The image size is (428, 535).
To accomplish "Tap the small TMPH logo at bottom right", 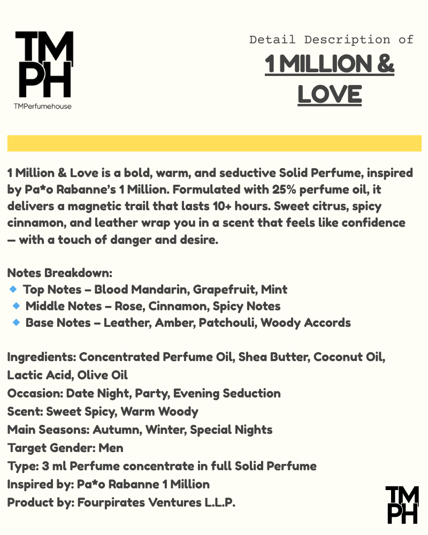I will [x=402, y=505].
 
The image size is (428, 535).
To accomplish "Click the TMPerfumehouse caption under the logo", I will [x=43, y=106].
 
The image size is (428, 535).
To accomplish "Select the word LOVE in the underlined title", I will [x=330, y=94].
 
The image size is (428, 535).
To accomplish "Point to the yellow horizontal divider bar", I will [x=214, y=143].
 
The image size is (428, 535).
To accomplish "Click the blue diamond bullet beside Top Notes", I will [x=13, y=289].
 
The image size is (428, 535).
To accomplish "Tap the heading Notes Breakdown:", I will [x=60, y=272].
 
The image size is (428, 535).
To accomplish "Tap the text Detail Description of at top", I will [x=331, y=40].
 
